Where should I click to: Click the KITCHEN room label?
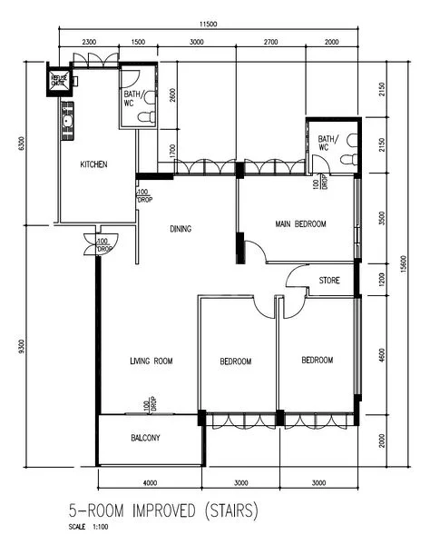tap(94, 164)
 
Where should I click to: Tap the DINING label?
tap(181, 229)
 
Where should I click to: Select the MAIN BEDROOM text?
tap(300, 223)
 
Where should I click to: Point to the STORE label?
tap(329, 281)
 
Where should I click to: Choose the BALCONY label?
tap(145, 438)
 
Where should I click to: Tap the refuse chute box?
tap(59, 82)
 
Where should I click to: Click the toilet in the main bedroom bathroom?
tap(349, 157)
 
